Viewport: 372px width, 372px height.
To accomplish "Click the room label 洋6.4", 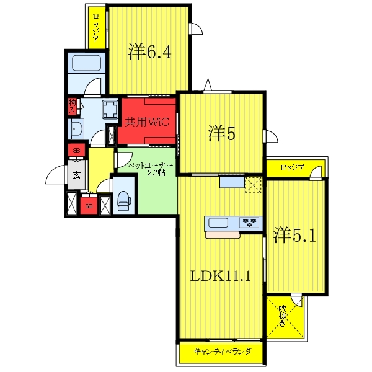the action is click(x=149, y=51).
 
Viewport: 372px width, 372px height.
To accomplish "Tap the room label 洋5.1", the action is click(x=294, y=235).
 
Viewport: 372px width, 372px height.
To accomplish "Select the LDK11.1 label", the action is click(x=220, y=276).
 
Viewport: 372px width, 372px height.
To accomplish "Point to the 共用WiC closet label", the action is click(x=147, y=122).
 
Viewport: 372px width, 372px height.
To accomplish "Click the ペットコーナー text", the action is click(x=151, y=166).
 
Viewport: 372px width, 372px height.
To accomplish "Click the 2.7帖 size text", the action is click(x=156, y=173).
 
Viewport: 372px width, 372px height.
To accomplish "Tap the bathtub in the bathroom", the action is click(x=86, y=63).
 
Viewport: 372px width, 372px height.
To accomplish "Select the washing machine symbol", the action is click(x=110, y=109).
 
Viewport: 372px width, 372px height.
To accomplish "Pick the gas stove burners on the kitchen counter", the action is click(x=249, y=223).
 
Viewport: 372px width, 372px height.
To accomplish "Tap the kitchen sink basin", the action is click(x=218, y=223).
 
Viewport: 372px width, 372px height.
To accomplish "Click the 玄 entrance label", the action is click(x=76, y=175).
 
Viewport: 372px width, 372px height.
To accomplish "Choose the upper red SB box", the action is click(x=76, y=150).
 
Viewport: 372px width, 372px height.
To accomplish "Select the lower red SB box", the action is click(x=89, y=206).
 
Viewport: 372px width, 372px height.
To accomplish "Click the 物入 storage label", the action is click(x=73, y=107).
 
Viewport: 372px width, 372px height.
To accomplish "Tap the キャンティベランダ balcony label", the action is click(x=223, y=351).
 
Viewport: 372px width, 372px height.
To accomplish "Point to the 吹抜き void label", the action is click(x=282, y=316).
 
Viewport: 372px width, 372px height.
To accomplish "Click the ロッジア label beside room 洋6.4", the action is click(x=96, y=28).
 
